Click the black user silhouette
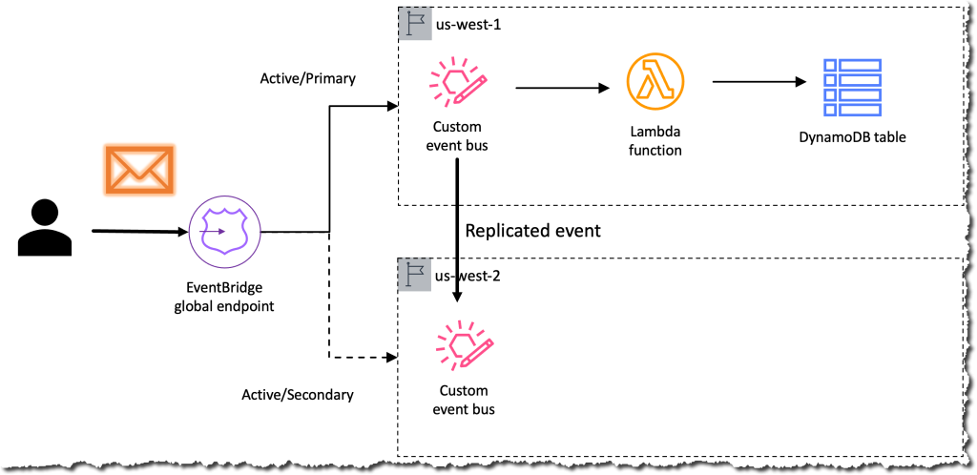pyautogui.click(x=44, y=229)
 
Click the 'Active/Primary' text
pyautogui.click(x=307, y=78)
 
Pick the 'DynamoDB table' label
pyautogui.click(x=852, y=136)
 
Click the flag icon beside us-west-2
pyautogui.click(x=413, y=276)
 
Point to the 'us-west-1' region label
pyautogui.click(x=468, y=23)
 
